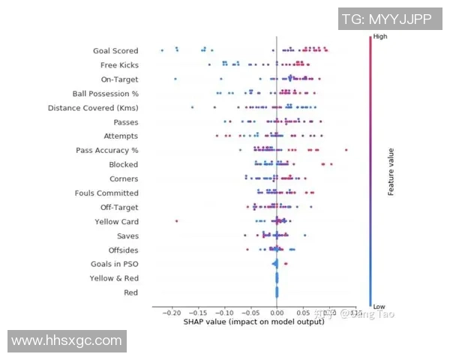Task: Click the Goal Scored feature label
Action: tap(115, 51)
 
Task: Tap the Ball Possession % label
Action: tap(106, 94)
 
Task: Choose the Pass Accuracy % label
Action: tap(107, 151)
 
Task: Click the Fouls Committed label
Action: tap(106, 193)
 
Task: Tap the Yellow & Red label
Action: tap(114, 278)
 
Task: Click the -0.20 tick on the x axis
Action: tap(172, 313)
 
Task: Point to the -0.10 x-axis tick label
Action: tap(224, 313)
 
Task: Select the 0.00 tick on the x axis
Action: tap(277, 313)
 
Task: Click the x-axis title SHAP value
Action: tap(254, 322)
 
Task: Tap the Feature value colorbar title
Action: tap(391, 171)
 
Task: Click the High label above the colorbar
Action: tap(380, 36)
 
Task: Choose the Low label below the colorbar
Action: tap(379, 306)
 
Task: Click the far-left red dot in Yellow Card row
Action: tap(176, 221)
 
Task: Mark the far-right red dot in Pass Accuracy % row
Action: tap(346, 150)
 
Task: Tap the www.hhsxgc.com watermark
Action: tap(67, 340)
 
